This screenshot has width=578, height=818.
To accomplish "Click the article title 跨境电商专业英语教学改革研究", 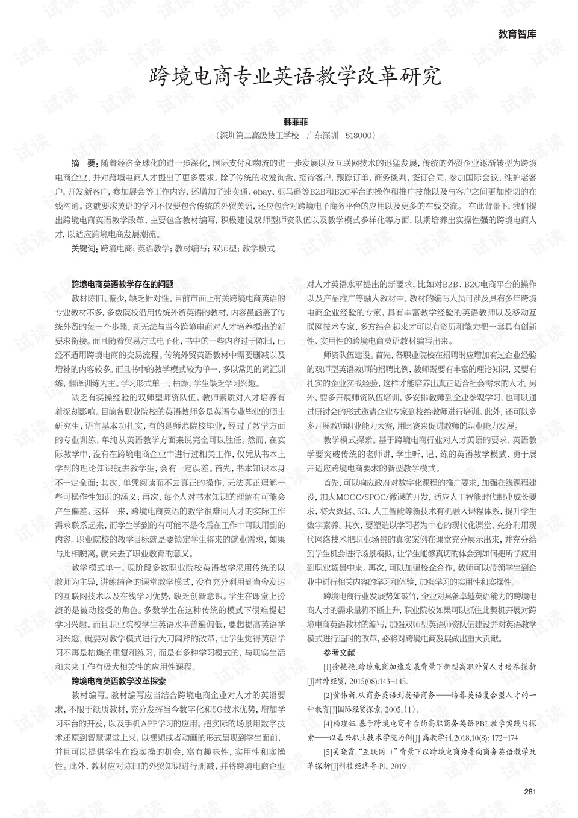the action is pyautogui.click(x=295, y=77).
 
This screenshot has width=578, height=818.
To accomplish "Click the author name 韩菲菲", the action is pyautogui.click(x=295, y=122).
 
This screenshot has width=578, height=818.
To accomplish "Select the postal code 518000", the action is pyautogui.click(x=360, y=136).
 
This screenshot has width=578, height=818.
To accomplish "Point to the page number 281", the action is pyautogui.click(x=530, y=791).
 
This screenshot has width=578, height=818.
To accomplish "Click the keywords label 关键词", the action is pyautogui.click(x=84, y=248).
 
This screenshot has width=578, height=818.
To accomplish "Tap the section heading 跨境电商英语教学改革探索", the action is pyautogui.click(x=119, y=681).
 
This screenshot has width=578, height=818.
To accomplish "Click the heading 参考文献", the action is pyautogui.click(x=340, y=653).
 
